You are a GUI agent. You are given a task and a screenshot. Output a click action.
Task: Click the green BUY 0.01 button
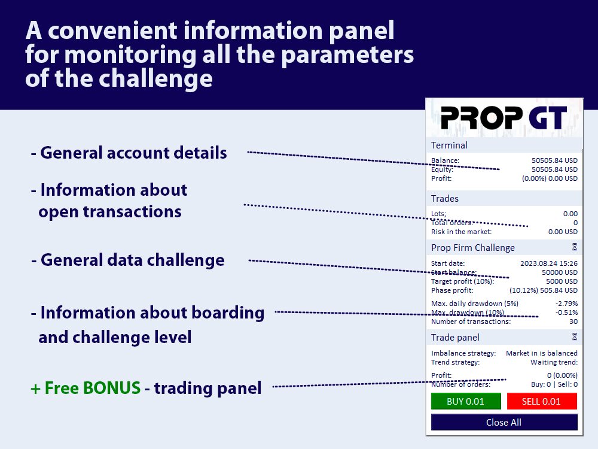(466, 401)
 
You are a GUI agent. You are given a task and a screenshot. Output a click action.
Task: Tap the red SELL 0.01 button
(542, 401)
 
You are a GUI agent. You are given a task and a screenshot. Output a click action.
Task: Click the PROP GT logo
(504, 117)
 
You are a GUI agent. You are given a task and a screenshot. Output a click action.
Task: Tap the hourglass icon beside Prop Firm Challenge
(574, 247)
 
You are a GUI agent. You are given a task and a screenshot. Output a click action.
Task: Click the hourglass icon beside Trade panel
(574, 336)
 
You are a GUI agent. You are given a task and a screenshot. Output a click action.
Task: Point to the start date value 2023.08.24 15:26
(549, 263)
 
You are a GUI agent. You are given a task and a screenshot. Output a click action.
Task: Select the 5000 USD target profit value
(562, 281)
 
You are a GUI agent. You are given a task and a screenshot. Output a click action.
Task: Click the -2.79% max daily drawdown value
(566, 304)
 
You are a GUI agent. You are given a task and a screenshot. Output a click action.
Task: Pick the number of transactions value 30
(573, 321)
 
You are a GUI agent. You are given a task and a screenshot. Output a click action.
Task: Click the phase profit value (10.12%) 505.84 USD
(544, 290)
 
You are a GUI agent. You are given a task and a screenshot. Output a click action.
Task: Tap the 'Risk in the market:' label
(461, 232)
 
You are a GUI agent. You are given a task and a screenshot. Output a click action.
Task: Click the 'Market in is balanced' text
(542, 353)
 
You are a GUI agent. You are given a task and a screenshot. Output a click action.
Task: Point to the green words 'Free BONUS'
(93, 388)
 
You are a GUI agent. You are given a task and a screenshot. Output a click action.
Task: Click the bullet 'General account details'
(129, 153)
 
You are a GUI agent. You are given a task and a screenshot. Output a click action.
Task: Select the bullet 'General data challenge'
(128, 260)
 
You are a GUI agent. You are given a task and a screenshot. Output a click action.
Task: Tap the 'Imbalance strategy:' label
(463, 353)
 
